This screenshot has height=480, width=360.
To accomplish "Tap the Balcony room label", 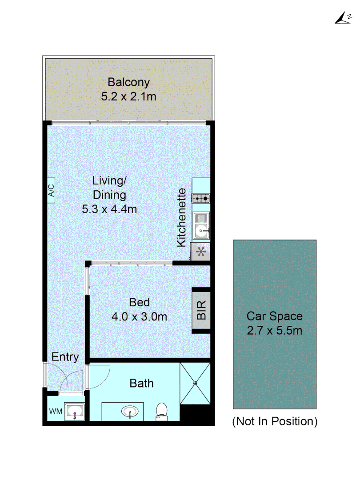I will coord(128,82).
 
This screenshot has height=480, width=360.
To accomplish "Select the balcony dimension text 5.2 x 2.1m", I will coord(128,96).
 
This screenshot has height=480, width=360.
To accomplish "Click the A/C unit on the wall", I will coord(51,191).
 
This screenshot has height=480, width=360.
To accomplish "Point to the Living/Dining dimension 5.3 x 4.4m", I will coord(109,209).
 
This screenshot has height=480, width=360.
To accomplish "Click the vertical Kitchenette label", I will coord(181,218).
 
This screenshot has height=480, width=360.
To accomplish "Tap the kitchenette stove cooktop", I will coord(201,198).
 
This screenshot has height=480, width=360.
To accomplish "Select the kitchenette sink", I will coord(201,226).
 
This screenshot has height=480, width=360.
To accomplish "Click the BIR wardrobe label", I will coord(201,310).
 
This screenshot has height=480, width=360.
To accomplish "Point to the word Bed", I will coord(139,303).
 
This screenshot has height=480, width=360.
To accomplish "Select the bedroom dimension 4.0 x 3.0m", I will coord(139,317).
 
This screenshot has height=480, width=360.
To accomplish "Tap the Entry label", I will coord(65,357).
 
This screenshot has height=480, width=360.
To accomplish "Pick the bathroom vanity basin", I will coord(130,411).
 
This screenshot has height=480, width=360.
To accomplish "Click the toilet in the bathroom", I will coord(162,412).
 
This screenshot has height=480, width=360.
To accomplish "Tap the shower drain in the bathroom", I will coord(195,384).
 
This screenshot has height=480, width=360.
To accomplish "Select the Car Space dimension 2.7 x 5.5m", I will coord(275,331).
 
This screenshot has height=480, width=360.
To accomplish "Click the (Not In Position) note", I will coord(275,421).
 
